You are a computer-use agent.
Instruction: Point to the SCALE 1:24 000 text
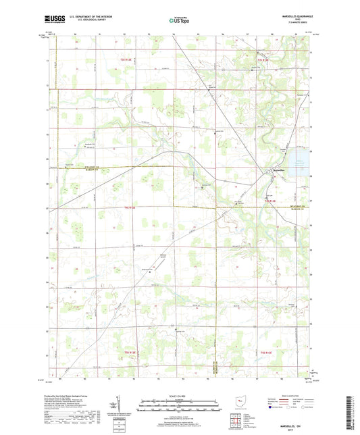click(180, 395)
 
